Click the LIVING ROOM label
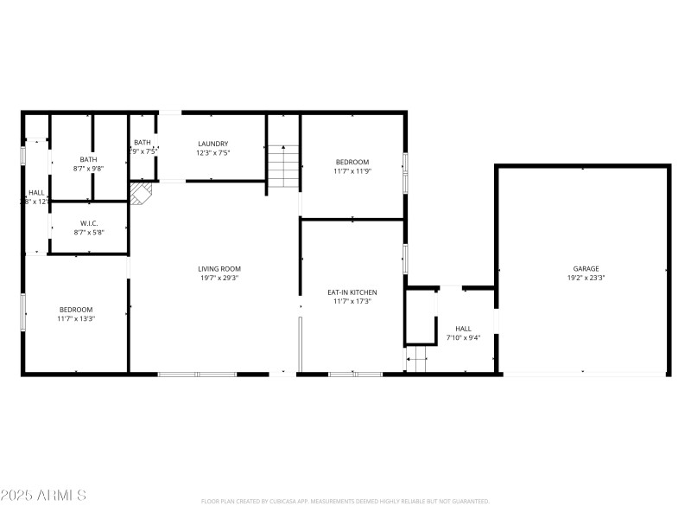(219, 269)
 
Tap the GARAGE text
(586, 269)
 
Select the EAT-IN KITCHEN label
(352, 292)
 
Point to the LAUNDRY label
(212, 144)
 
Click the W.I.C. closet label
(89, 223)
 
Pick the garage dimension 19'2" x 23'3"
(586, 279)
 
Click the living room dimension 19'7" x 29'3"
(219, 279)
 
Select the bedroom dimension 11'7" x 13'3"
(76, 318)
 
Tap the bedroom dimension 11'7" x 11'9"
(352, 171)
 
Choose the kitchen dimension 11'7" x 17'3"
(352, 301)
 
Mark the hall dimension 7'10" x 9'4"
(463, 337)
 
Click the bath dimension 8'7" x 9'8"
(89, 169)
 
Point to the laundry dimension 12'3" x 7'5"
(212, 152)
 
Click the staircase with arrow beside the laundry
(282, 166)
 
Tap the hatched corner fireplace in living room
(140, 192)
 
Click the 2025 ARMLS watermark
(43, 496)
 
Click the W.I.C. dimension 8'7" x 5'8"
(89, 232)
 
